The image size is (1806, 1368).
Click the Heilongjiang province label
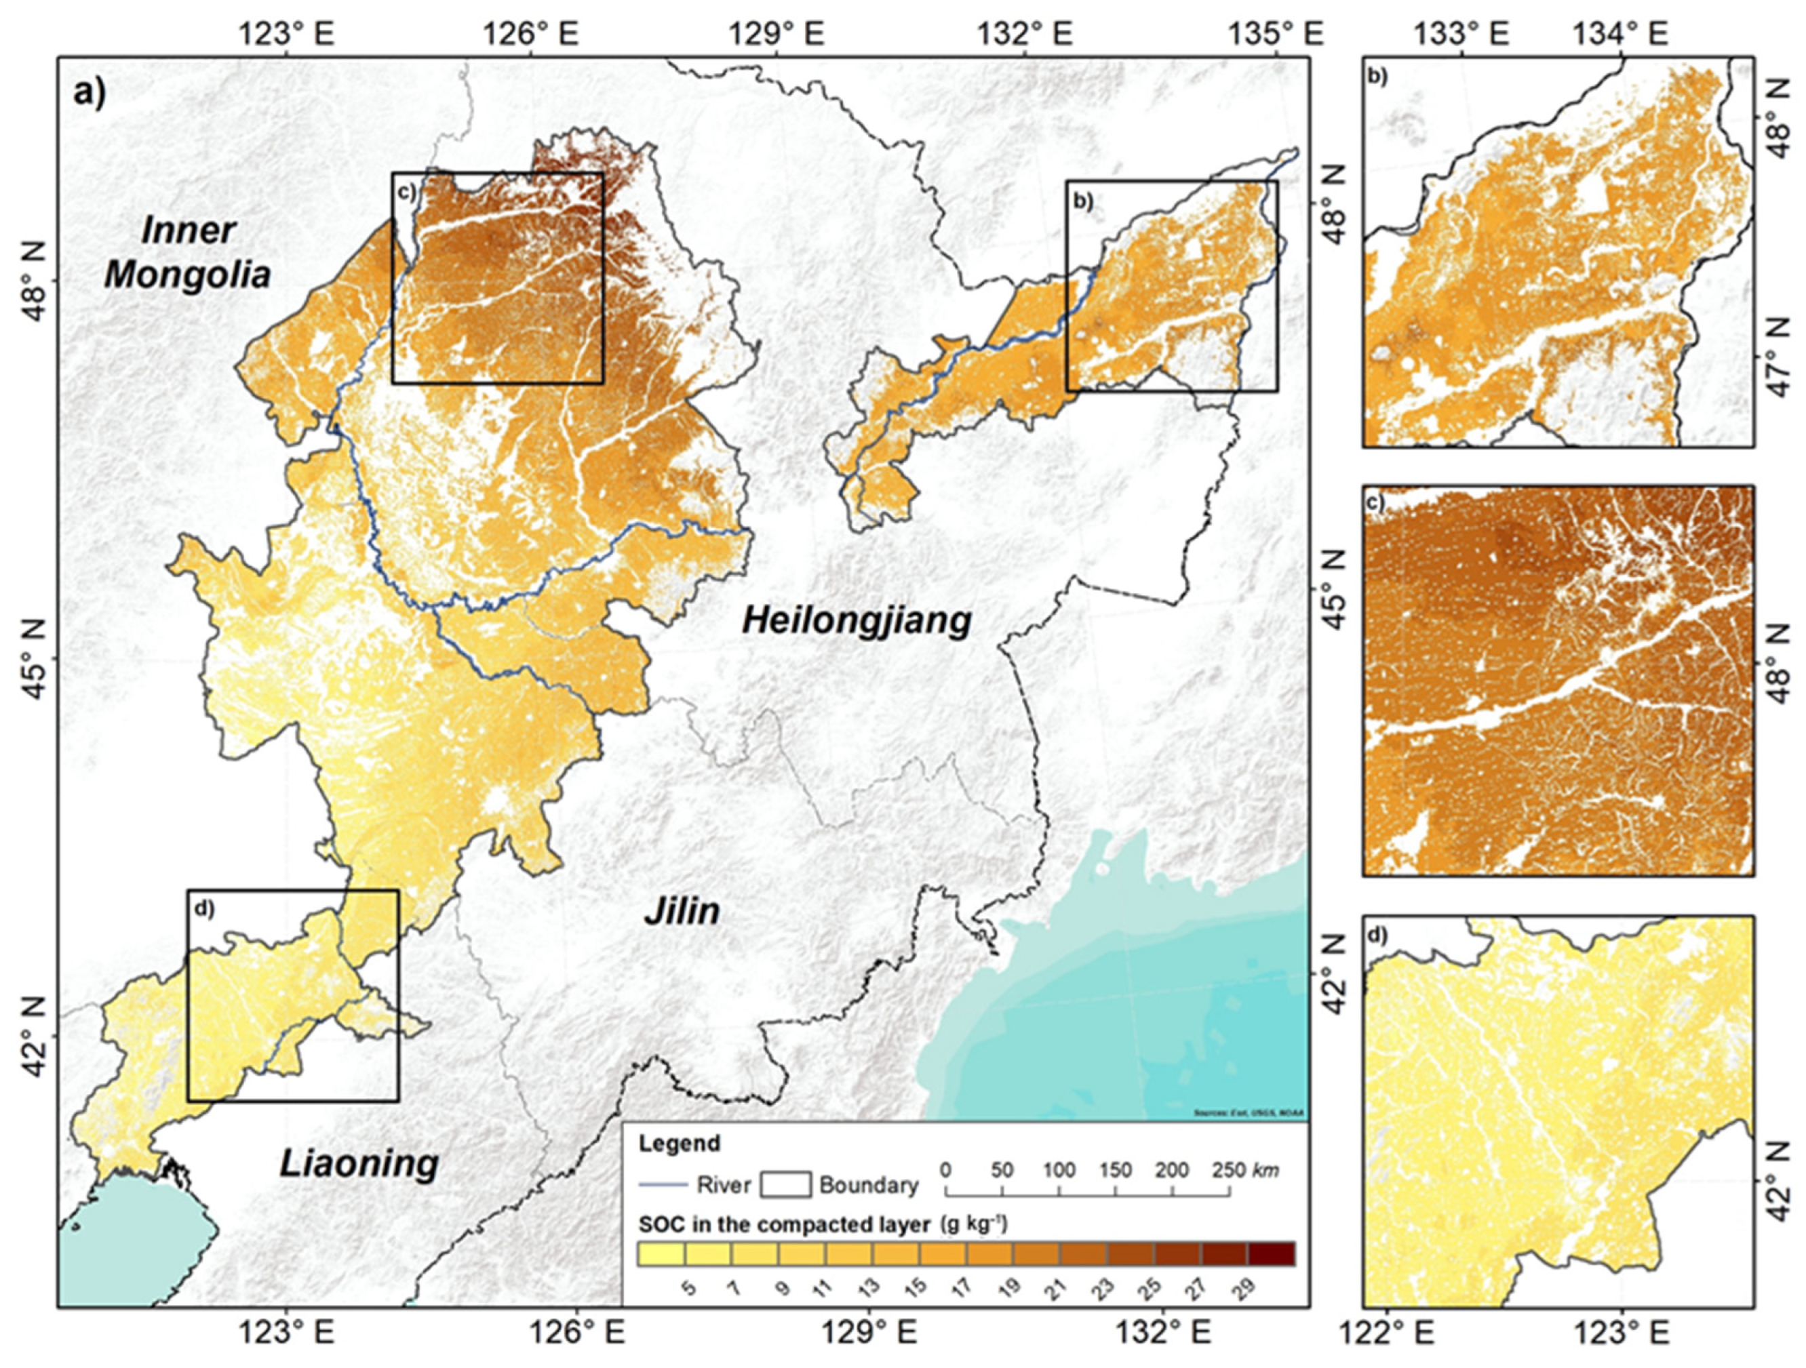click(x=857, y=622)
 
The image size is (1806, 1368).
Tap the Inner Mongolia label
click(x=188, y=253)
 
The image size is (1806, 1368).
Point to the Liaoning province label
click(x=359, y=1164)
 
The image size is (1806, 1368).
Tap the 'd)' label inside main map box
click(x=203, y=908)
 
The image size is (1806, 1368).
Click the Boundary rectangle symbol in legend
click(x=785, y=1184)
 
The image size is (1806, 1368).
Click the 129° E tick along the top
click(x=779, y=35)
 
